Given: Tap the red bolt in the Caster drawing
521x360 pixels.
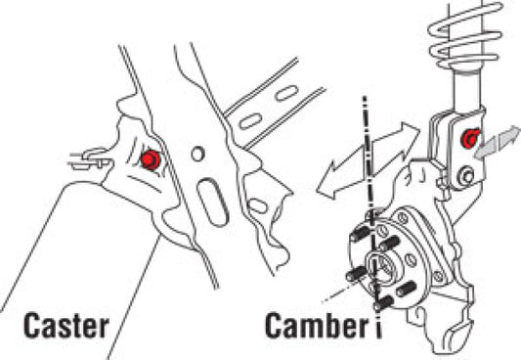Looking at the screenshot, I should tap(150, 159).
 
